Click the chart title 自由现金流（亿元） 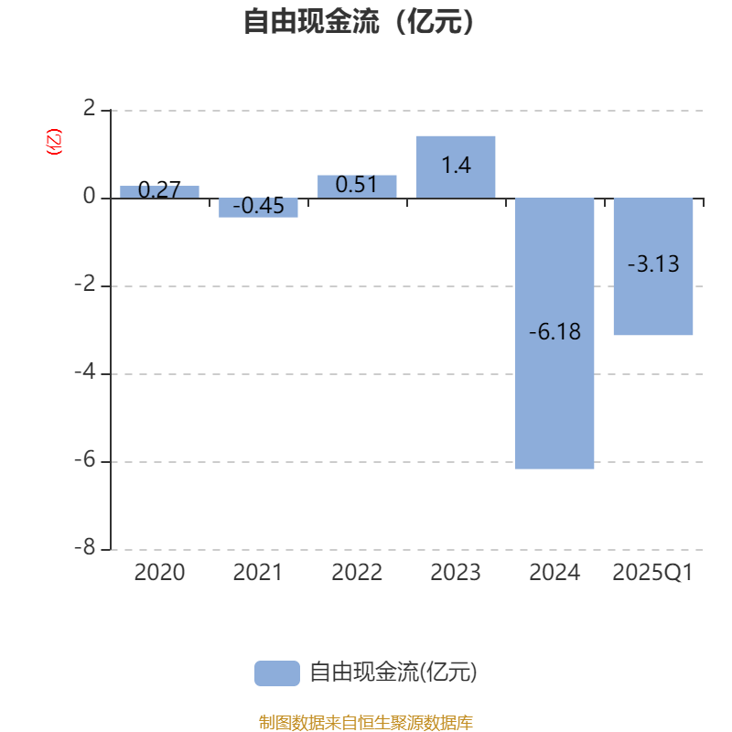(x=361, y=22)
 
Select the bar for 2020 (x=159, y=192)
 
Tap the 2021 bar (x=258, y=208)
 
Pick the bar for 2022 (x=357, y=187)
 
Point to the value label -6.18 (x=554, y=332)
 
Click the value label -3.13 (x=653, y=264)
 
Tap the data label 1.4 (x=456, y=167)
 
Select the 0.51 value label (x=357, y=185)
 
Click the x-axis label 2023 (x=456, y=574)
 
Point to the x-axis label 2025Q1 (x=653, y=574)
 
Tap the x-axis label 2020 (x=159, y=574)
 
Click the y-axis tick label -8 (x=88, y=547)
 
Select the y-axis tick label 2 (x=89, y=109)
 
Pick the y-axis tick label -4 (x=88, y=372)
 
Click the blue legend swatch (x=276, y=673)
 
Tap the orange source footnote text (x=366, y=723)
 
